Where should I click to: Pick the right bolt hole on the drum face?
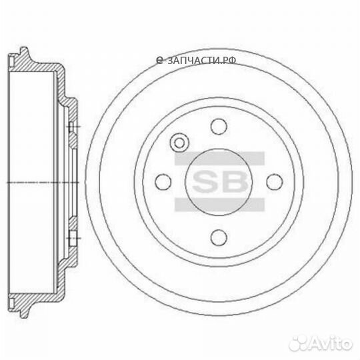click(x=273, y=181)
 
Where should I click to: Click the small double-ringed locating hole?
click(x=179, y=142)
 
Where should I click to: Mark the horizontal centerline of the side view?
click(x=40, y=181)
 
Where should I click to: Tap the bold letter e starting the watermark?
click(x=159, y=60)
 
